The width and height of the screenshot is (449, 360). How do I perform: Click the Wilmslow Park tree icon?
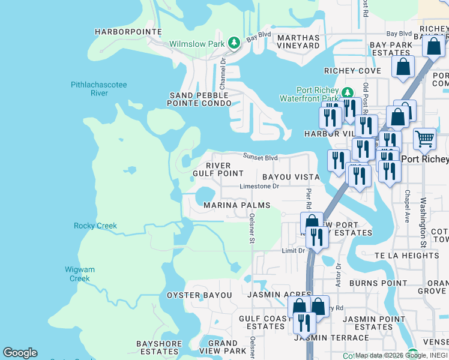(234, 43)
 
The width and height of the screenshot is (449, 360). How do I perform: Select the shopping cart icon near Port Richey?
(424, 139)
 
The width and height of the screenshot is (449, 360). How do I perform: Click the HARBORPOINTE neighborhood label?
(128, 31)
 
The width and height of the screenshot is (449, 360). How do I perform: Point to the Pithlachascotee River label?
(99, 89)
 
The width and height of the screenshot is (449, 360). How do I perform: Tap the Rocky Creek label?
(95, 226)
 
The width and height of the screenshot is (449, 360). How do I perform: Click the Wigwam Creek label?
(80, 274)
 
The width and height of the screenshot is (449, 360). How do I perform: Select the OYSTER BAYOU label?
(199, 295)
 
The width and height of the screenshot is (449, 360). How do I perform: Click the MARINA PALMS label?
(237, 205)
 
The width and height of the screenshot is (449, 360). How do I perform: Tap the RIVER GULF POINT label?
(218, 169)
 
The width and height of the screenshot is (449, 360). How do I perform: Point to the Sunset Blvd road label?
(260, 157)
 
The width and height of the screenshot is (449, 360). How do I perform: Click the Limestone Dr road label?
(259, 187)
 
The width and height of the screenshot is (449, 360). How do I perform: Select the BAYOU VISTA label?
(292, 178)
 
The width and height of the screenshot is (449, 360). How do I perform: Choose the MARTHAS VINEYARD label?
(298, 41)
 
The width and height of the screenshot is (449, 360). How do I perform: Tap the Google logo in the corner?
(20, 353)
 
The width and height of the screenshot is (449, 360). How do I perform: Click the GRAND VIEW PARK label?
(223, 347)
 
